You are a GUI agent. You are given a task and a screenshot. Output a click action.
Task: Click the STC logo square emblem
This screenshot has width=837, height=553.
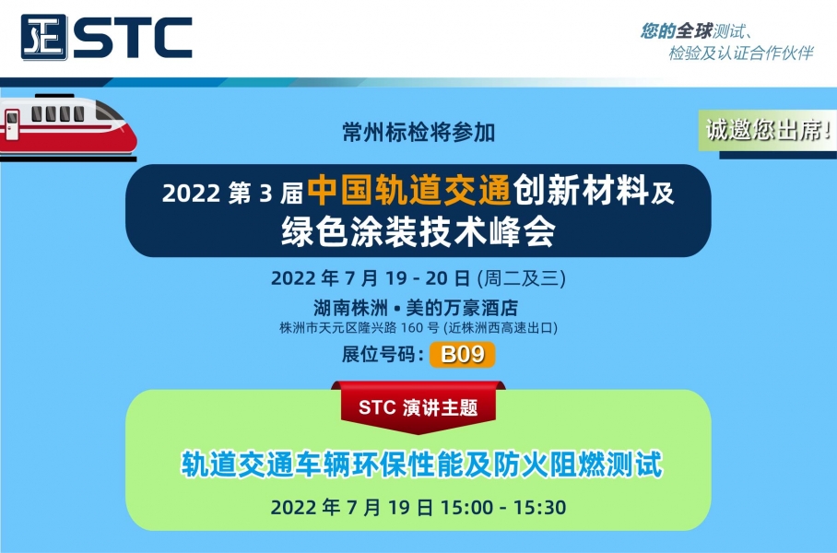[44, 37]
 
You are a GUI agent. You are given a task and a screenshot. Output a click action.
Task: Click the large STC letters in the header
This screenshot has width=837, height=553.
[133, 37]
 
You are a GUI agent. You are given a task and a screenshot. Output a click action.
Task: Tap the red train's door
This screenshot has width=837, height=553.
[12, 124]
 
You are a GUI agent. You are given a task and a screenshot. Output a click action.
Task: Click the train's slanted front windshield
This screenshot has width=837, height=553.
[110, 112]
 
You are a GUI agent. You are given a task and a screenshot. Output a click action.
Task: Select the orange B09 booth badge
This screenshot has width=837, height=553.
[462, 355]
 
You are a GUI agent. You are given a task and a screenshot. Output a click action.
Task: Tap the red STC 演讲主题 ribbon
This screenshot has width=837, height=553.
[418, 406]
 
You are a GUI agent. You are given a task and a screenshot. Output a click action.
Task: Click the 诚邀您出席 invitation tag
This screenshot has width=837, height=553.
[768, 130]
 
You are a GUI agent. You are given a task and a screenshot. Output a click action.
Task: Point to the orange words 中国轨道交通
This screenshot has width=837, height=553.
[409, 190]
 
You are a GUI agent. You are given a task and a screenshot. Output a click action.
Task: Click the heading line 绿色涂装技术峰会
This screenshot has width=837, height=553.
[418, 231]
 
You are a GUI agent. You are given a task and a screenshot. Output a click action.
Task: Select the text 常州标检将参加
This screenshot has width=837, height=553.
[418, 132]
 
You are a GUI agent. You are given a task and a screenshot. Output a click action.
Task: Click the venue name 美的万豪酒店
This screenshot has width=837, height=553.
[462, 308]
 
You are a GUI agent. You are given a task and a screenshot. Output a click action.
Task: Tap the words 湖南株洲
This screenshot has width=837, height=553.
[350, 308]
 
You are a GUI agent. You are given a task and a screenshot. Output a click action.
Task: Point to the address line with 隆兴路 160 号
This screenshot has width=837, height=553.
[418, 327]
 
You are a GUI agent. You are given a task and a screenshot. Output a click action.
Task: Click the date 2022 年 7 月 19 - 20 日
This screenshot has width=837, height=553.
[371, 278]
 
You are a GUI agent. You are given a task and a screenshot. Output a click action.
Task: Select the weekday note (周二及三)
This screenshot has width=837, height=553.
[522, 278]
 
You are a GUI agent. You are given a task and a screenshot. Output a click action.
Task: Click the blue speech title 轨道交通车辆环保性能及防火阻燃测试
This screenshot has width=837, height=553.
[421, 464]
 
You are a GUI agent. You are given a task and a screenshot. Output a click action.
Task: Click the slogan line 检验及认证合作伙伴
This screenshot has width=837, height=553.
[741, 53]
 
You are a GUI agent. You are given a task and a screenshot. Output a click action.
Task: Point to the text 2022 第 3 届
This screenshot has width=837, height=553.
[232, 193]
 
